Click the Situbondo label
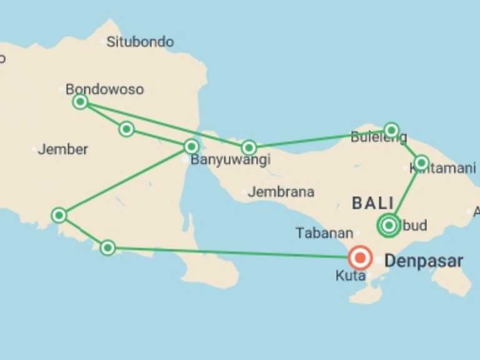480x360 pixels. point(140,42)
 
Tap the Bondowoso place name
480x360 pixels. point(104,89)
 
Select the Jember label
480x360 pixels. point(62,149)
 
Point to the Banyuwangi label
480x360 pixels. point(230,160)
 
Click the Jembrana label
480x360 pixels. point(281,192)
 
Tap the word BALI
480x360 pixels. point(373,203)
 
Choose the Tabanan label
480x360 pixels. point(324,233)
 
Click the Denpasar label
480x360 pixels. point(424,261)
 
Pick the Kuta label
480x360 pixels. point(350,276)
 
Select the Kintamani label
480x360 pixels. point(442,168)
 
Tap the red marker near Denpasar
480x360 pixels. point(360,257)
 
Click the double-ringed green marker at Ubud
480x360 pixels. point(389,225)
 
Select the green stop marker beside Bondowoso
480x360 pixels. point(80,101)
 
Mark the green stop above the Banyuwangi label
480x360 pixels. point(191,147)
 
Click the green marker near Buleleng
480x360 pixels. point(391,130)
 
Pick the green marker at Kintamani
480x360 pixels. point(421,163)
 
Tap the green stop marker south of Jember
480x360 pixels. point(59,215)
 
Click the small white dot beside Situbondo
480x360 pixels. point(104,41)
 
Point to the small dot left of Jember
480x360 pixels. point(34,149)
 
